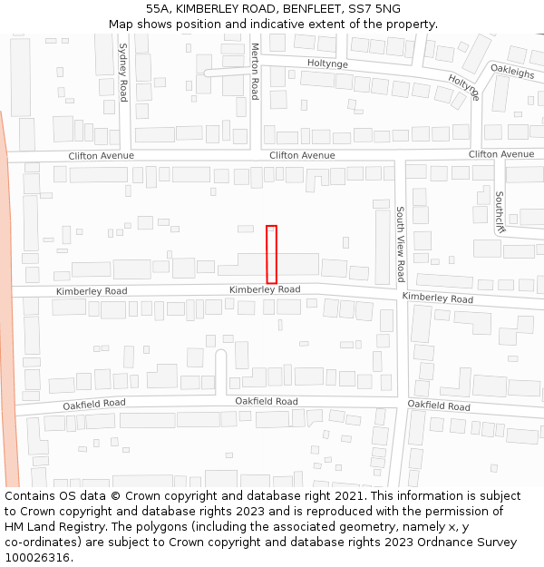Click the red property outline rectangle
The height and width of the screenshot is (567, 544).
click(x=271, y=254)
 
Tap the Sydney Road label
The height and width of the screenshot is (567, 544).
click(x=123, y=71)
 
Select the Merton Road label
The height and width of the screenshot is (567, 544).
click(x=255, y=71)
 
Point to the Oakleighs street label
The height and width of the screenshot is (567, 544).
click(x=513, y=69)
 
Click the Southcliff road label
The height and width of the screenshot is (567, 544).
click(x=500, y=211)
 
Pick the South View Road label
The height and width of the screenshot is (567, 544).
click(x=401, y=244)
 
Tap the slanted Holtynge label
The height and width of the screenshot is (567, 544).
click(x=463, y=86)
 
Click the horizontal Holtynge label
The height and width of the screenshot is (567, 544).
click(x=327, y=64)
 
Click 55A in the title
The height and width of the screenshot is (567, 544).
click(x=158, y=9)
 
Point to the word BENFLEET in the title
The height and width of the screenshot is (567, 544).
click(x=307, y=9)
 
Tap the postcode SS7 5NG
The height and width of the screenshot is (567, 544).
click(x=369, y=9)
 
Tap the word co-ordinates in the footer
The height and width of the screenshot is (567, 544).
click(x=41, y=543)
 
